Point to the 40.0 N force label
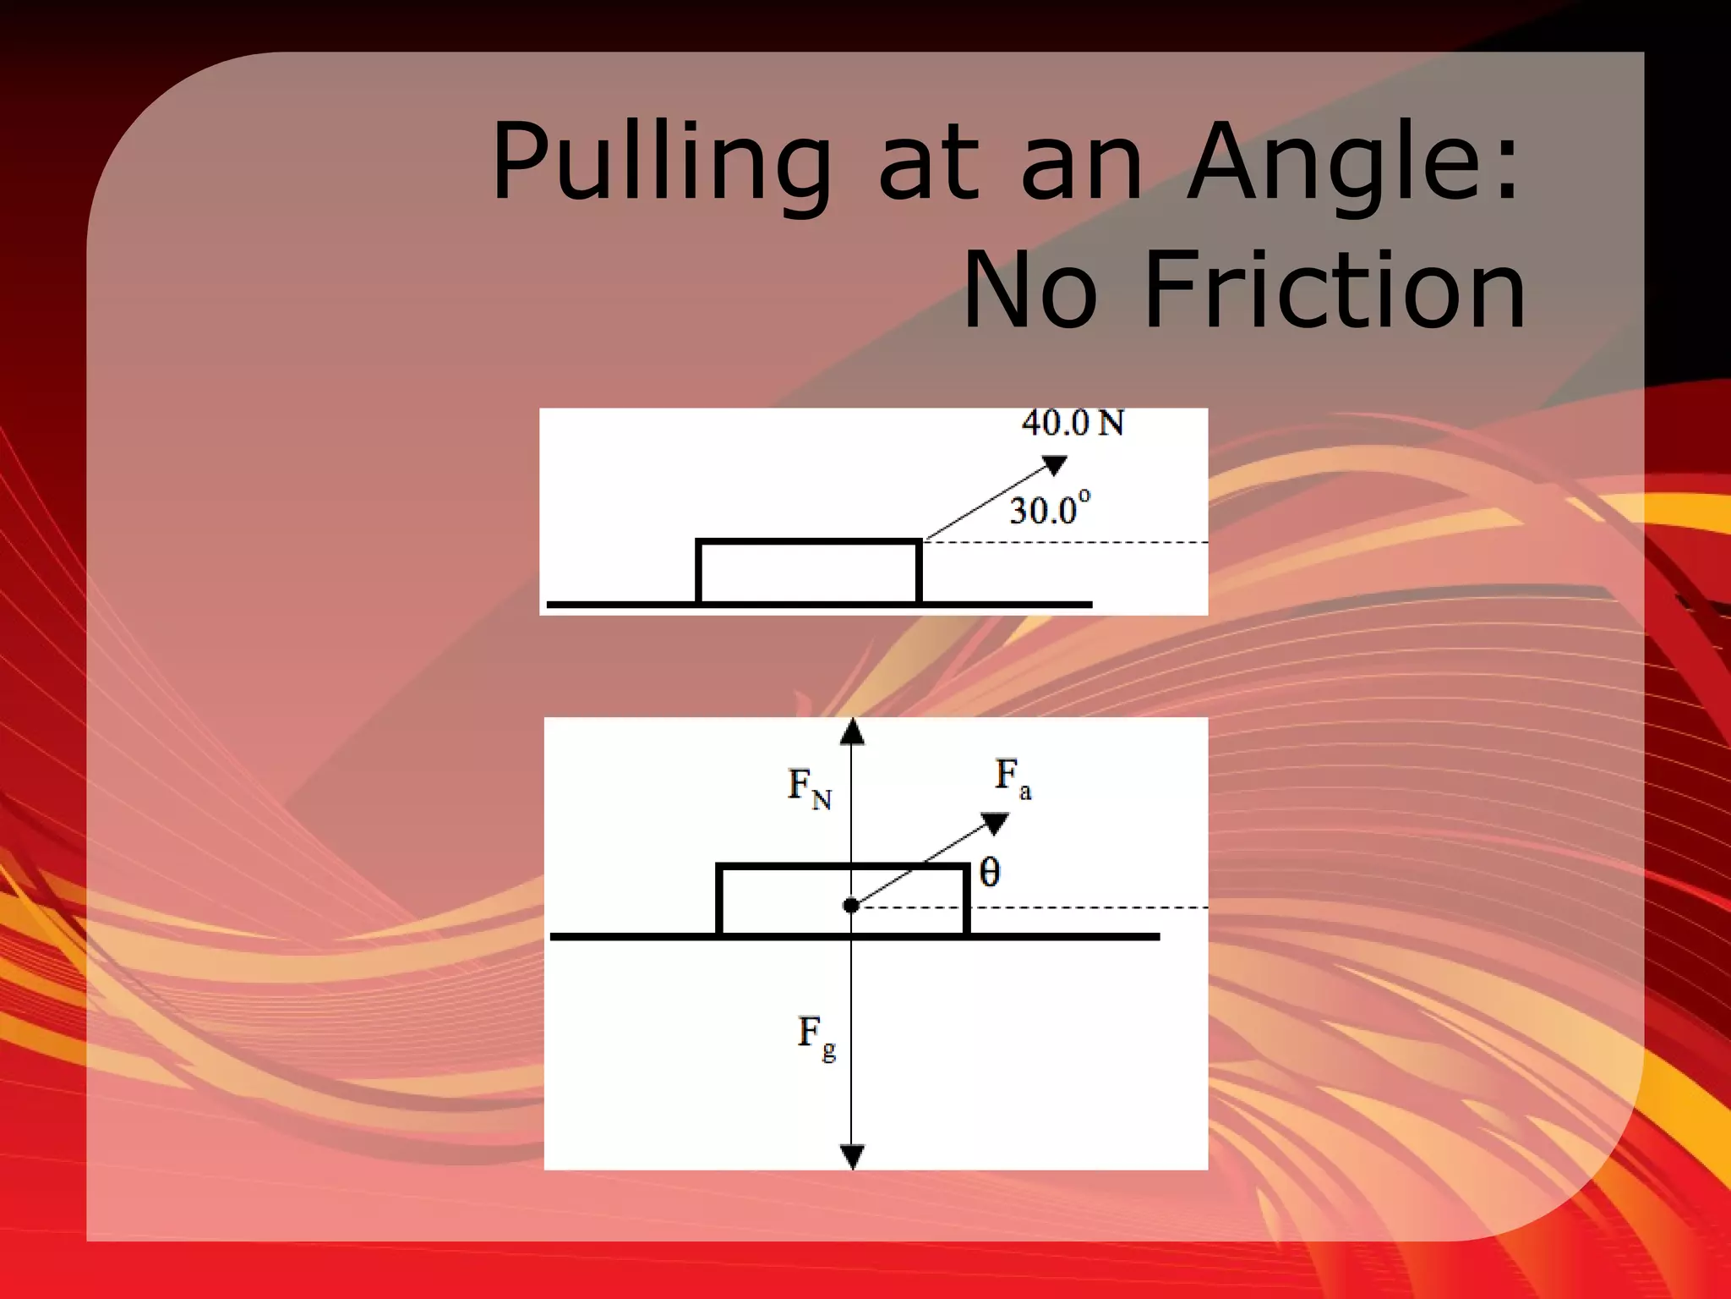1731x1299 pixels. (x=1073, y=423)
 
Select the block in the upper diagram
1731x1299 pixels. (x=808, y=572)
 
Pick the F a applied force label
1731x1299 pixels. (x=1013, y=777)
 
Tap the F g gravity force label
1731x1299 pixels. (x=816, y=1036)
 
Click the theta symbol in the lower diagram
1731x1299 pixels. (x=990, y=872)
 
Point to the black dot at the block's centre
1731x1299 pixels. (x=851, y=906)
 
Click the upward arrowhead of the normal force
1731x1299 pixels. (x=852, y=731)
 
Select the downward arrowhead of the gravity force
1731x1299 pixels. (x=852, y=1156)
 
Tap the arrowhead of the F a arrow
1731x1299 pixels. (x=995, y=823)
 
